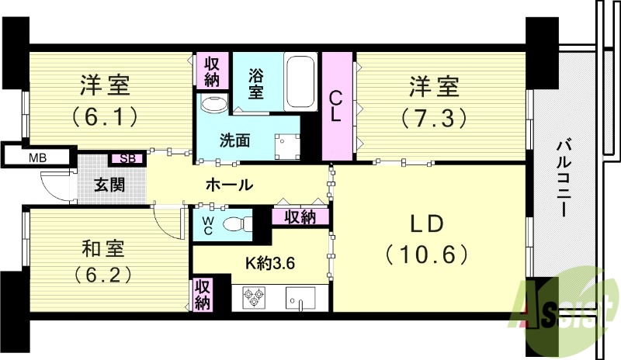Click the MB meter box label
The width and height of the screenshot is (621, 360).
[x=36, y=158]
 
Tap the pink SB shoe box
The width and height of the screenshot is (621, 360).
[x=127, y=158]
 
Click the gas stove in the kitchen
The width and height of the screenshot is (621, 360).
[x=255, y=297]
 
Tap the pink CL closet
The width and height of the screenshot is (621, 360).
[x=337, y=106]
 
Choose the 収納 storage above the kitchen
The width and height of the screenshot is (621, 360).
[x=300, y=217]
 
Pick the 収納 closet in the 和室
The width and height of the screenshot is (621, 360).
[x=202, y=295]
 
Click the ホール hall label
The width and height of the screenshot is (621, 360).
[x=228, y=185]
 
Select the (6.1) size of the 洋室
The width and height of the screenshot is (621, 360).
[x=106, y=116]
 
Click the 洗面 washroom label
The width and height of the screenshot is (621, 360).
[x=234, y=141]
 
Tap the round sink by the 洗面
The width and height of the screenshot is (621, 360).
[x=211, y=104]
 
